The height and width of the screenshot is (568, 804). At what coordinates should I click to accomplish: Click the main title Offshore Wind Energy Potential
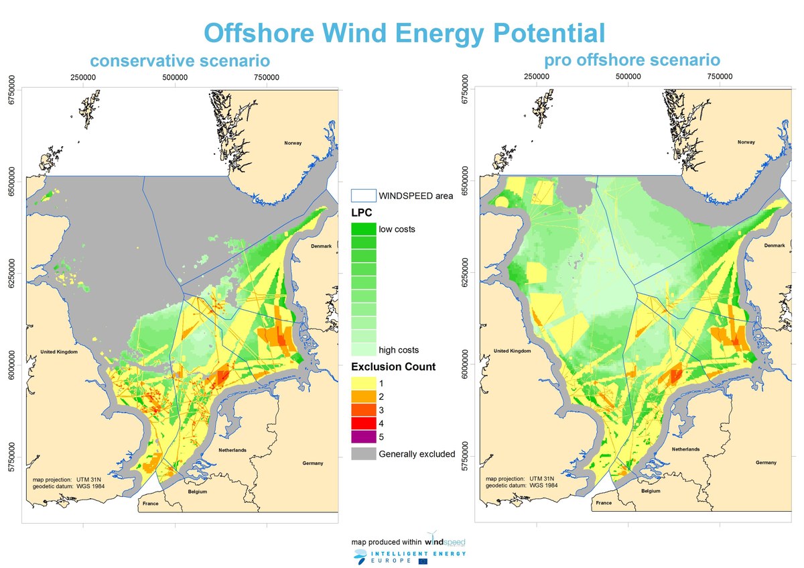[x=404, y=32]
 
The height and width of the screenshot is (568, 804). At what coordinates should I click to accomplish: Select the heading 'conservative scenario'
[x=180, y=61]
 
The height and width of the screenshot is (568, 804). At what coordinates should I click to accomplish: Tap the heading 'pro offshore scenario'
[x=632, y=60]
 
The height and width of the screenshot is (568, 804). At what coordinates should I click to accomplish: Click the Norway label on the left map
[x=293, y=143]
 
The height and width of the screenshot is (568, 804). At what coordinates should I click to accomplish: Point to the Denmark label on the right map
[x=775, y=245]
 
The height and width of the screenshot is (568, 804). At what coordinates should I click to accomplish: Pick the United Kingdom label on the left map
[x=60, y=352]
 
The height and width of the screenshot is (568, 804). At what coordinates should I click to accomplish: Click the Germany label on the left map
[x=312, y=463]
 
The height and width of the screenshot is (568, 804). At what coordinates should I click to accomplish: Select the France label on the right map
[x=604, y=502]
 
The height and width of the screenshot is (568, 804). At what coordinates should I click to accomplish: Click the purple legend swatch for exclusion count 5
[x=363, y=437]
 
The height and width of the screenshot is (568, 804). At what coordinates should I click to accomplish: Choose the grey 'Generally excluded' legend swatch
[x=363, y=454]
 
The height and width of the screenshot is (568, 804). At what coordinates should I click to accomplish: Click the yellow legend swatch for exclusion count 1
[x=363, y=383]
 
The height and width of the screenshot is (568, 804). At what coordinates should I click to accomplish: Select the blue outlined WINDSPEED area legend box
[x=363, y=196]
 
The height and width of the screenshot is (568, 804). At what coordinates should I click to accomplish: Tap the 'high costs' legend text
[x=399, y=350]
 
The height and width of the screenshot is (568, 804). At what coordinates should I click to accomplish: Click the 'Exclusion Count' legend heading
[x=393, y=367]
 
